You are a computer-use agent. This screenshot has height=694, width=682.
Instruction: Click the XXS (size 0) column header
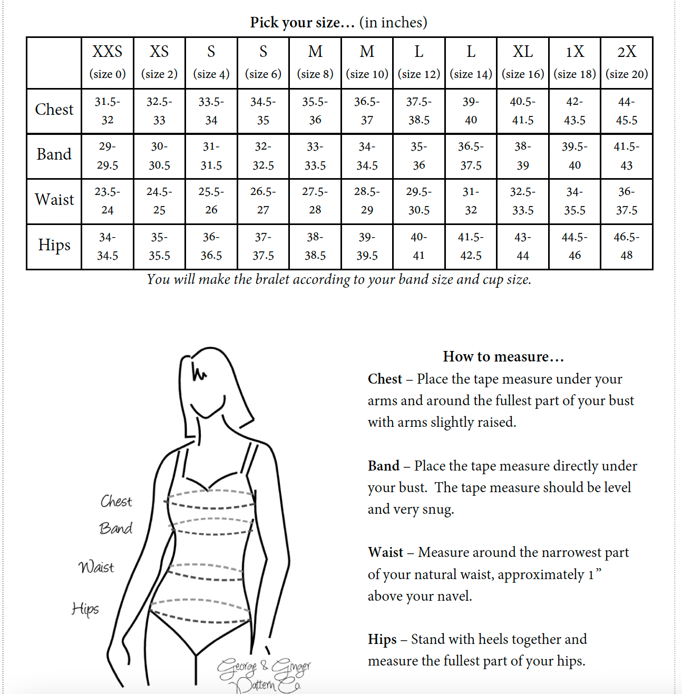point(108,62)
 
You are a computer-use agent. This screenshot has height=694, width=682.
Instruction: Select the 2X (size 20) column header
point(627,62)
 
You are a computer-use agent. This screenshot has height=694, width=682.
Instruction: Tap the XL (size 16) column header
point(523,62)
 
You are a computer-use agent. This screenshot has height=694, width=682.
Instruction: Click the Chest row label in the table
point(54,110)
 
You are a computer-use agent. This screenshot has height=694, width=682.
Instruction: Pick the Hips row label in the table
point(54,245)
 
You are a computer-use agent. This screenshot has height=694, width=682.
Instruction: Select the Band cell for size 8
point(315,156)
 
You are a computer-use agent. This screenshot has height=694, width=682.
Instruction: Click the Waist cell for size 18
point(574,201)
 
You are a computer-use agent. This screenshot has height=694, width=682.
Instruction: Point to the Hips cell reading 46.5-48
point(627,246)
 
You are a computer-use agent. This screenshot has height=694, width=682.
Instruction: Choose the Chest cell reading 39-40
point(471,111)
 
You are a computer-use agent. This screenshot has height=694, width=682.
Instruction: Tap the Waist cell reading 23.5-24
point(108,201)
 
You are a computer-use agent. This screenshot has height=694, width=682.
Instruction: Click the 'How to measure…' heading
point(503,357)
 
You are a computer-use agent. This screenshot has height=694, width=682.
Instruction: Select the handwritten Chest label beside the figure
point(116,501)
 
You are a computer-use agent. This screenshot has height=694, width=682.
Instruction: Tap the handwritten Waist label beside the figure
point(96,567)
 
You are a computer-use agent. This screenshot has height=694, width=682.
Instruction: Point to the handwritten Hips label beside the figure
point(85,609)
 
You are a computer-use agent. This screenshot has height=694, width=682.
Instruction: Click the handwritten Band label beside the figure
point(116,528)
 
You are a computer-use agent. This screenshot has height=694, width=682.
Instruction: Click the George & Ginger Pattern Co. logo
point(264,675)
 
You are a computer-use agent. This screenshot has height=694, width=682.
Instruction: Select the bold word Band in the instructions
point(384,466)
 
